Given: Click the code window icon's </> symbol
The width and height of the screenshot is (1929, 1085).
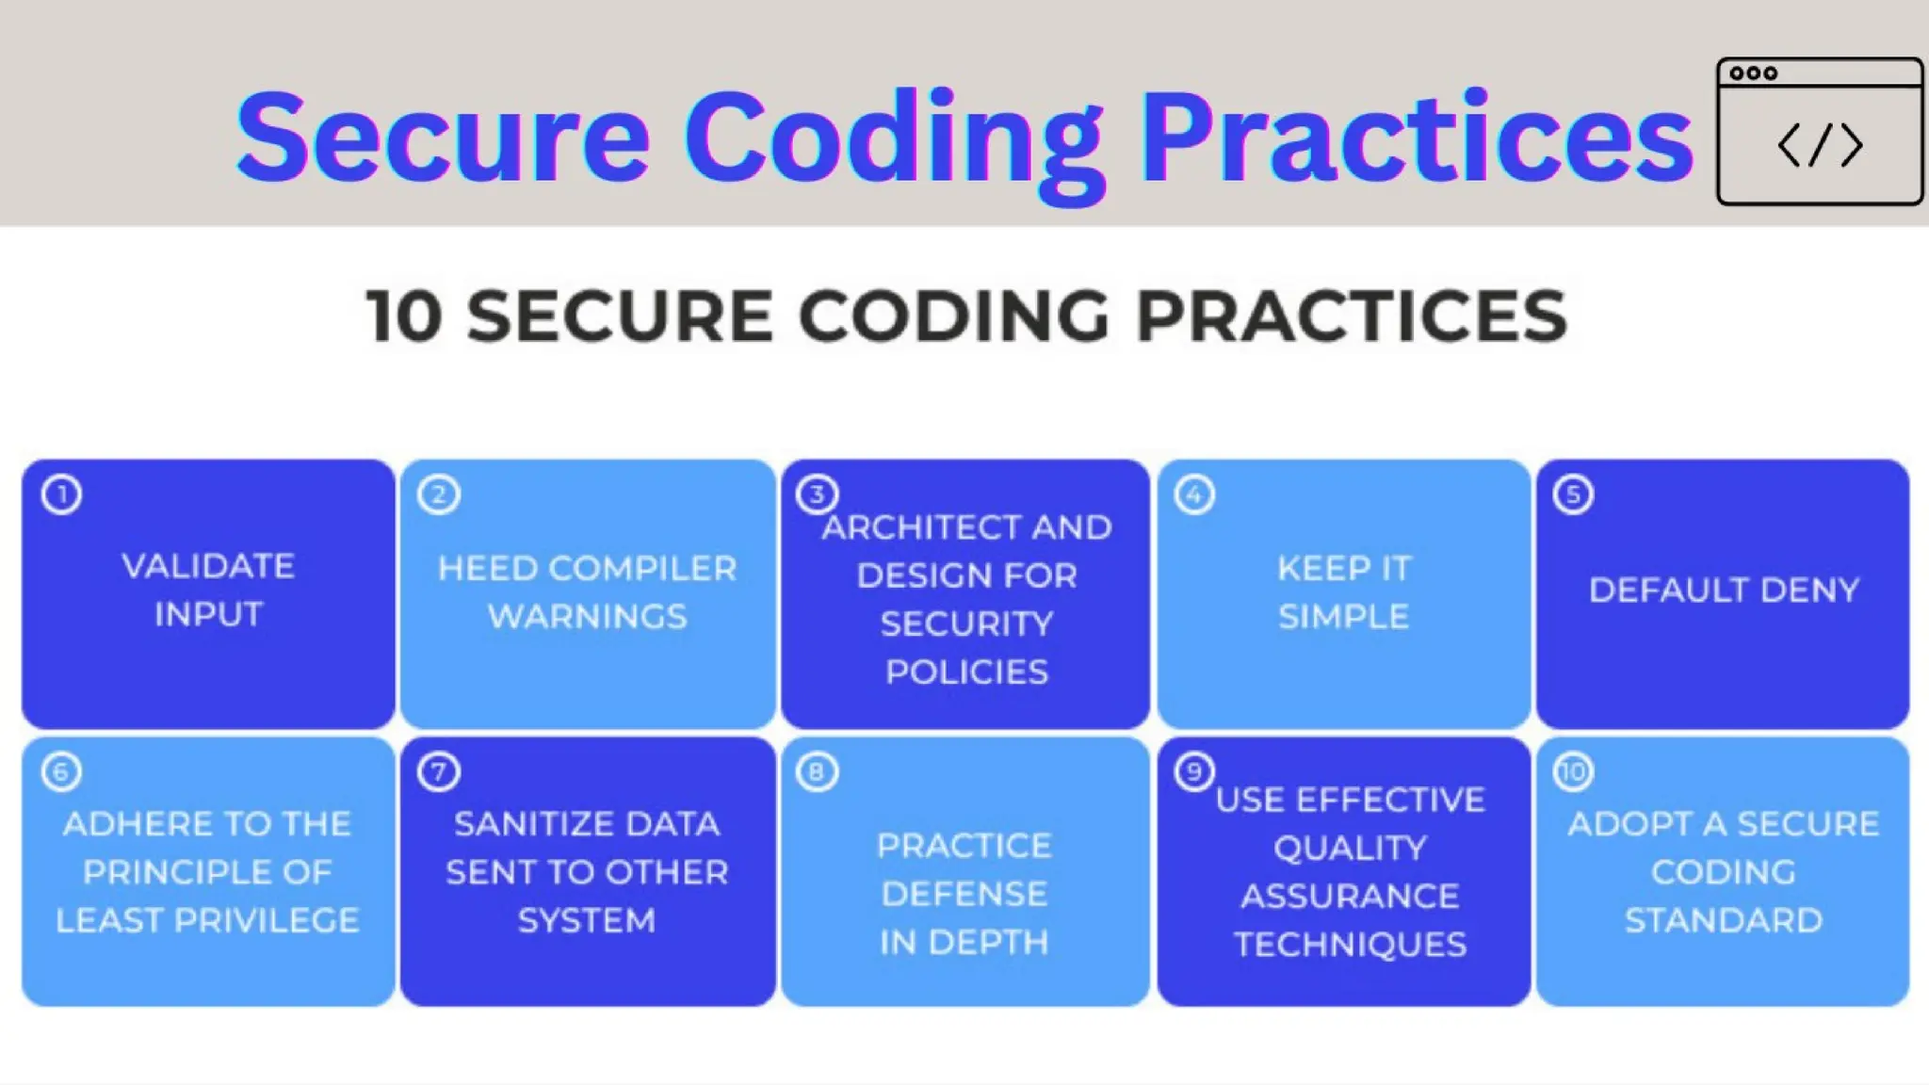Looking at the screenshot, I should click(1820, 145).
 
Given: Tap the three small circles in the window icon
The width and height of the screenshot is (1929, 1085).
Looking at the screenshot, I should click(1753, 73).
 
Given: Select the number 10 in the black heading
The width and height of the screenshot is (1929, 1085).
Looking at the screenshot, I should click(404, 316).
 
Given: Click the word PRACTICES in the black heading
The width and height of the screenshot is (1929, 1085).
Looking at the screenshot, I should click(1352, 316).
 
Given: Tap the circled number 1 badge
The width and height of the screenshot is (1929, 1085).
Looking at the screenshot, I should click(61, 494).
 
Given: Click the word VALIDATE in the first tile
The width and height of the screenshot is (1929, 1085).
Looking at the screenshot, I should click(208, 566).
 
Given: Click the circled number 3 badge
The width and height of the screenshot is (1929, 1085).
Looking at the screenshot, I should click(816, 494).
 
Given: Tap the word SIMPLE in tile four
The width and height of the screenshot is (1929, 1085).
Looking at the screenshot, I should click(1343, 617).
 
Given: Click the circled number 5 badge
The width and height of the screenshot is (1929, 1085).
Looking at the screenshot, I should click(1572, 494).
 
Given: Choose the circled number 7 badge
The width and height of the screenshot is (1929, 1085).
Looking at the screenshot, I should click(438, 772).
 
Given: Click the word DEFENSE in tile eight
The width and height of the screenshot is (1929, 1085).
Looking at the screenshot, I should click(964, 894).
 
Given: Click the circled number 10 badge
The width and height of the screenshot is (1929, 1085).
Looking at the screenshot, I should click(1572, 772).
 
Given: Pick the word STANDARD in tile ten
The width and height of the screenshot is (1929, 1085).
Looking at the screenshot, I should click(1723, 920).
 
